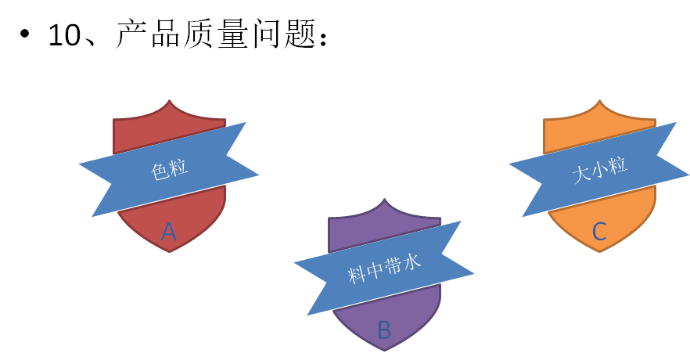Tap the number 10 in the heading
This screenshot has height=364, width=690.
click(64, 34)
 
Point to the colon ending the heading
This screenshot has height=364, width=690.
click(329, 37)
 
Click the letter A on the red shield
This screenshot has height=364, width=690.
click(169, 231)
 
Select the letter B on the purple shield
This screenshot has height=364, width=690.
click(384, 330)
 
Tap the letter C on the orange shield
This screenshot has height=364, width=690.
click(599, 231)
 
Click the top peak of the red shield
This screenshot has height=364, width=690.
click(170, 101)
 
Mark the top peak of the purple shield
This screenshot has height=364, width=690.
click(384, 200)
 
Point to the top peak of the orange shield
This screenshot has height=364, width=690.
click(599, 101)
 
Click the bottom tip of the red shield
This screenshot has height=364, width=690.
click(170, 251)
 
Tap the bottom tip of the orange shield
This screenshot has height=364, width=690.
click(599, 251)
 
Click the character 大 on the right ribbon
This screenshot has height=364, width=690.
click(580, 175)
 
